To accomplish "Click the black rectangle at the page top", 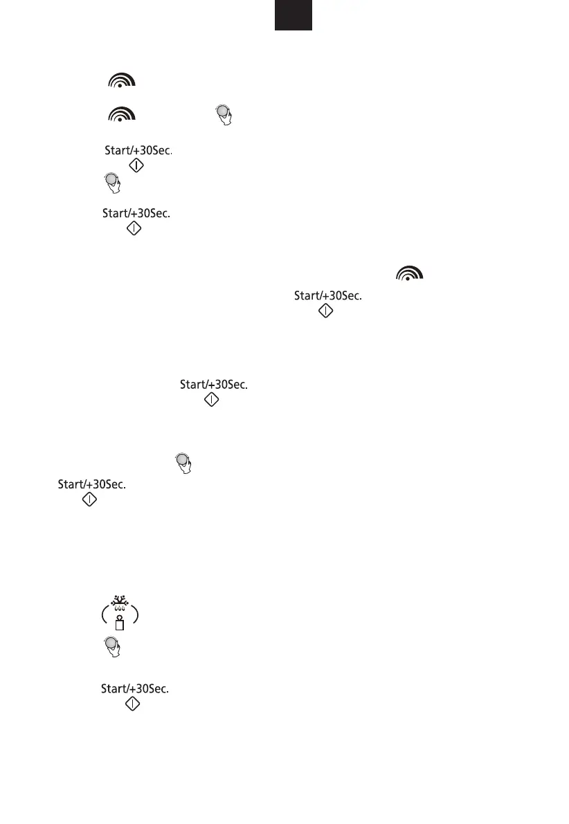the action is pos(293,15).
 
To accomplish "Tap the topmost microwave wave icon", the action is pos(120,81).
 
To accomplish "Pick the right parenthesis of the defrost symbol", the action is pos(136,613).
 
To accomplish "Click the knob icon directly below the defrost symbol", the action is pos(111,648).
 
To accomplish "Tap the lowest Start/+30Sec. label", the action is pos(136,688).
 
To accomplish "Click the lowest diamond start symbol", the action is pos(133,704).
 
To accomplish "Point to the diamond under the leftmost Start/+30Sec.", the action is pos(89,500).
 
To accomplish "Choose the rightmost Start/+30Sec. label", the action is pos(329,296).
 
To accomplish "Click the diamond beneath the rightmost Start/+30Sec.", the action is pos(325,311).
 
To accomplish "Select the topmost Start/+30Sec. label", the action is pos(138,149).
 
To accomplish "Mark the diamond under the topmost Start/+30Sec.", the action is pos(137,165).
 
